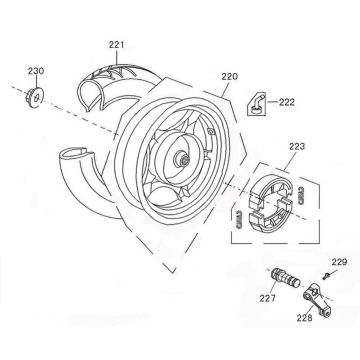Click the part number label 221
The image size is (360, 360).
(116, 45)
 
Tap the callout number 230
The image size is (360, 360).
(36, 71)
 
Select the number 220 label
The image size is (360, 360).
(230, 77)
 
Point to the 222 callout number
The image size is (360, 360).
(287, 102)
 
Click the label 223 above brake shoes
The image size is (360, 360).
(297, 147)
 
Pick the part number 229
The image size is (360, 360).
(339, 262)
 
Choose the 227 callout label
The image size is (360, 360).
(268, 298)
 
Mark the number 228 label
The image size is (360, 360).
(305, 318)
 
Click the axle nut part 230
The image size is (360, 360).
(34, 97)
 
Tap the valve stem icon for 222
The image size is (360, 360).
(256, 104)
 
